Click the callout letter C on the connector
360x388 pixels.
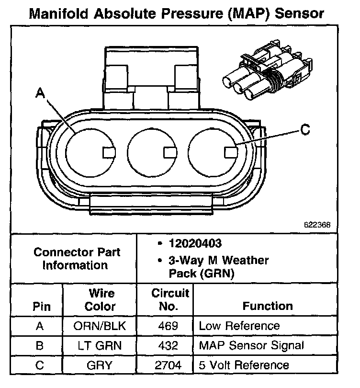click(x=304, y=129)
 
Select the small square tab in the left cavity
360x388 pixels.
click(x=108, y=152)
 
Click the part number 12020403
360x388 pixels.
click(x=193, y=243)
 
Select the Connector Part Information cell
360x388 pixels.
click(x=75, y=258)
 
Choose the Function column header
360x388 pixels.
click(x=268, y=306)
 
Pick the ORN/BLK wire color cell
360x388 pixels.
click(x=101, y=326)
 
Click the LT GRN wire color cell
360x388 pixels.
click(x=101, y=345)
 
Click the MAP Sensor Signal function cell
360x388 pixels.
click(x=251, y=345)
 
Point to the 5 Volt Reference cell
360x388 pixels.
click(x=244, y=365)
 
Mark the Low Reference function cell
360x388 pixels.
click(x=239, y=326)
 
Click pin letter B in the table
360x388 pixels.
click(x=40, y=345)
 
